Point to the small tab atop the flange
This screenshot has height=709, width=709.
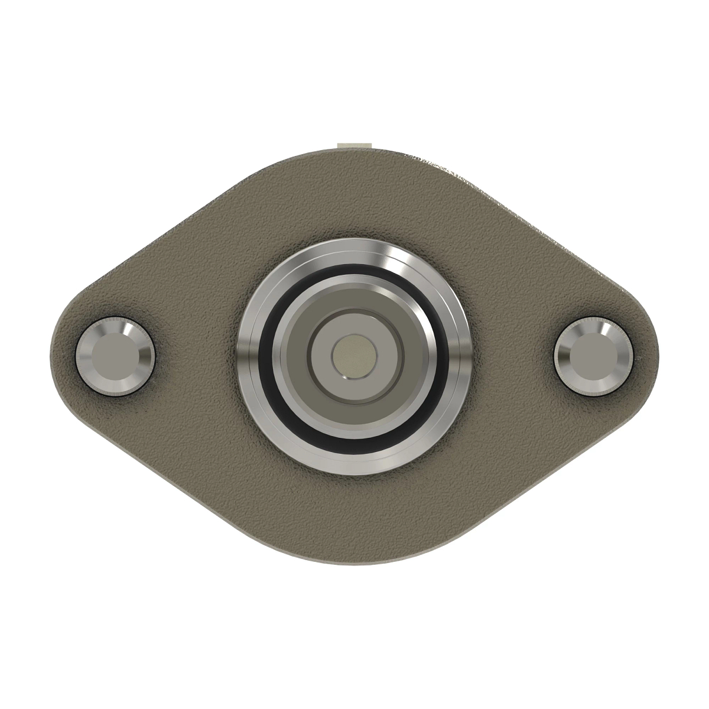pyautogui.click(x=353, y=145)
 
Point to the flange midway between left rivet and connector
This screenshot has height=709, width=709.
pyautogui.click(x=195, y=357)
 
